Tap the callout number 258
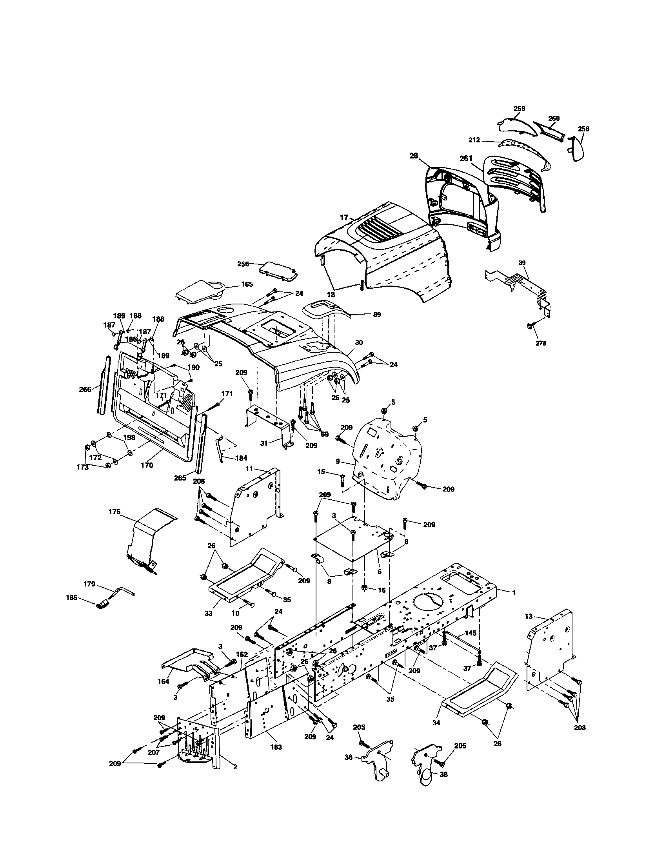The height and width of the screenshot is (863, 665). point(583,129)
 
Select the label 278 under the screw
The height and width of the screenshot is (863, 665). point(541,343)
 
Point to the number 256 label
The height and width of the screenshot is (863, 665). point(243,264)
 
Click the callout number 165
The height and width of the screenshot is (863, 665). point(247,284)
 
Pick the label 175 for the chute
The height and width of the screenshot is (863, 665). point(114,512)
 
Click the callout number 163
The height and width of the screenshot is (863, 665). point(276,747)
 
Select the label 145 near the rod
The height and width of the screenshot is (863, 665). point(470,633)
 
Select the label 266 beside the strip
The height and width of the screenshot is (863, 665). point(85,389)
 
